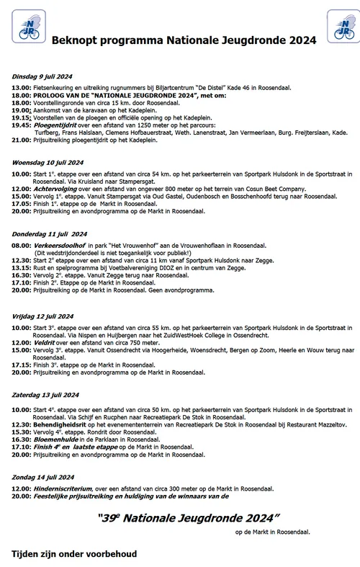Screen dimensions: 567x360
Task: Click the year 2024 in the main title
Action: pyautogui.click(x=302, y=42)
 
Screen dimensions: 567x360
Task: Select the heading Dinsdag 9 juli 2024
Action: pyautogui.click(x=41, y=76)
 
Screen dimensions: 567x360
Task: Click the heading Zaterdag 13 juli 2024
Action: pyautogui.click(x=45, y=395)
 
